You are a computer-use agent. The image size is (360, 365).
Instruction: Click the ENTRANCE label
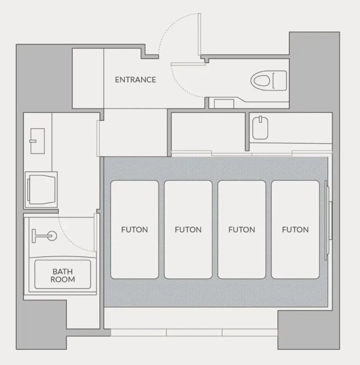click(135, 80)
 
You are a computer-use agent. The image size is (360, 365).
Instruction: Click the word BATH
click(63, 272)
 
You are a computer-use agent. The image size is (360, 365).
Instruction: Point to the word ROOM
click(63, 279)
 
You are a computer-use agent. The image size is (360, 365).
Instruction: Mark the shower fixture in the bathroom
click(44, 236)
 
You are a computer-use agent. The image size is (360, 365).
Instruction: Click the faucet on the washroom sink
click(33, 141)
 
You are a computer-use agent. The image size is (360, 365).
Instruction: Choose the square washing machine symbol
click(41, 189)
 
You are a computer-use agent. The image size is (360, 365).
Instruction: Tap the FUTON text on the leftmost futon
click(135, 230)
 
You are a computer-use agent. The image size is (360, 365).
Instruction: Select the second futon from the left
click(188, 230)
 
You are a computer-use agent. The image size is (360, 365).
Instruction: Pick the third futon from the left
click(242, 230)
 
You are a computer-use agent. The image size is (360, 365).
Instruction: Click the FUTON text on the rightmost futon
click(295, 230)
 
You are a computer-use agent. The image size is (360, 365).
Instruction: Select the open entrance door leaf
click(199, 34)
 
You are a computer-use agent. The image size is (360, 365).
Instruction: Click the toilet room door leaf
click(188, 64)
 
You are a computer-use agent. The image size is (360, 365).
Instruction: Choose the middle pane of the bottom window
click(194, 333)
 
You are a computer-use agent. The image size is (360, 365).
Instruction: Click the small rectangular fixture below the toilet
click(224, 104)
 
